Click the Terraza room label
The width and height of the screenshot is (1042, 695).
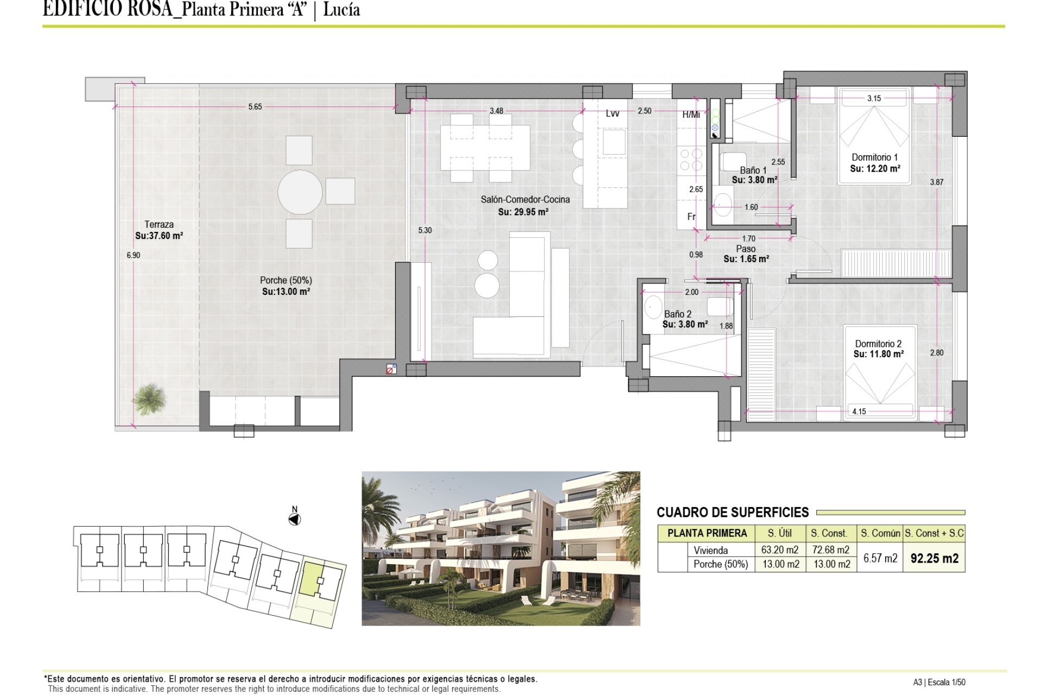159,224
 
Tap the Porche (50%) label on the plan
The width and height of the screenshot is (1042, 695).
286,280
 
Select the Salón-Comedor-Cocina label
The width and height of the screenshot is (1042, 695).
525,199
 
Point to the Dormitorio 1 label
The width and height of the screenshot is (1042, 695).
875,157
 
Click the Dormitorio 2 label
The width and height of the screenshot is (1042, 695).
878,344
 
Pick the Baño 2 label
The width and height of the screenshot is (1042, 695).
678,314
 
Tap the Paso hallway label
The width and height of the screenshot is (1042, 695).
746,249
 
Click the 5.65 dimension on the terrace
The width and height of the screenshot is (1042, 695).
255,107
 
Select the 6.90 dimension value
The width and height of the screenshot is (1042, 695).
134,255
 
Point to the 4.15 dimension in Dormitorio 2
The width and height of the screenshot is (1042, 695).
859,412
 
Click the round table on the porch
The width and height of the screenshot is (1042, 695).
300,192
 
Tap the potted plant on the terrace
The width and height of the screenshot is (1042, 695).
148,399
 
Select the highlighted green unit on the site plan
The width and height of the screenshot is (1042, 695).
312,579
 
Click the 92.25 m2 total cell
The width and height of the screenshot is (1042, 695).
935,558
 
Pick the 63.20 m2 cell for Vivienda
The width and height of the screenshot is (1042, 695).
780,549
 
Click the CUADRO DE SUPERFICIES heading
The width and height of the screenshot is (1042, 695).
733,512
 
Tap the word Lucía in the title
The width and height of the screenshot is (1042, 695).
341,10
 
